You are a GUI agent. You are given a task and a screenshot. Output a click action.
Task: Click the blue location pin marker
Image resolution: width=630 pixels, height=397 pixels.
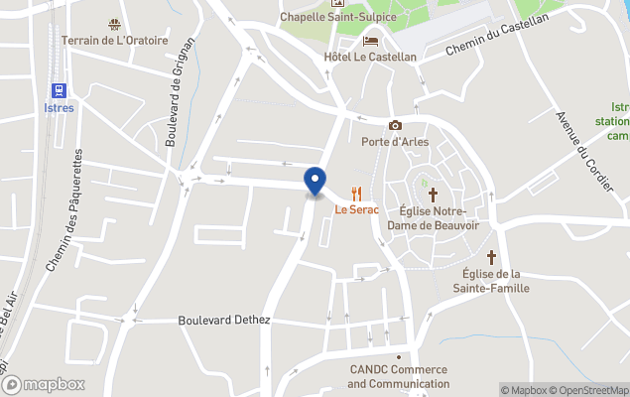[315, 182]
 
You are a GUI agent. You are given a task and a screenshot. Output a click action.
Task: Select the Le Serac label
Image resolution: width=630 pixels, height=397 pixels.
[357, 209]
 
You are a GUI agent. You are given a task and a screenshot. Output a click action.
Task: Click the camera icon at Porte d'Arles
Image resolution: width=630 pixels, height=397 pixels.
[395, 125]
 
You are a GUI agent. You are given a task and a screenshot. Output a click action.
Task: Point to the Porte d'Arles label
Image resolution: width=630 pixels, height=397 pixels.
[395, 141]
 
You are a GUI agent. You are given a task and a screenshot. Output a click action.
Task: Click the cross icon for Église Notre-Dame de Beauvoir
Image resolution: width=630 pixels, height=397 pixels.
[432, 194]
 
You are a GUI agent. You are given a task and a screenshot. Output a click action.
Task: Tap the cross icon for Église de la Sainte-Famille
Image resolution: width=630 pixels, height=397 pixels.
[495, 254]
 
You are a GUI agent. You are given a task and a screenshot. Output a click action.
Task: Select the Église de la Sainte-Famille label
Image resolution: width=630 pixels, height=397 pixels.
[495, 281]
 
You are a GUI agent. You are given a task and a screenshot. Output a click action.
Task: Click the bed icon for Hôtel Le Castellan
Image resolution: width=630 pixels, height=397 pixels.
[370, 41]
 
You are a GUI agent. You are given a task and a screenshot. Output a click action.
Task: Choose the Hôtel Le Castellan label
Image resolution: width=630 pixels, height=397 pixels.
[370, 57]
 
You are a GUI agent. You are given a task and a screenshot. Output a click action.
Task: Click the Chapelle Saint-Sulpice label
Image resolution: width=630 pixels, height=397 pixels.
[337, 16]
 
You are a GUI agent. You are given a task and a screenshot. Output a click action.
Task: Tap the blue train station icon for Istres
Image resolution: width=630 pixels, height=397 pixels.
[60, 90]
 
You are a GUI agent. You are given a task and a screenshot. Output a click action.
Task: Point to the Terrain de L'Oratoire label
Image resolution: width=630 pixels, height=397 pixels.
[114, 40]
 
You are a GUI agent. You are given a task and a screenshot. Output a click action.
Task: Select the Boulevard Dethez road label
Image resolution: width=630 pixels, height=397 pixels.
[223, 321]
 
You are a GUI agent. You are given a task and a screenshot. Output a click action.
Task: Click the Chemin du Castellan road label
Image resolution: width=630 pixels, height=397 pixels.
[496, 36]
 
